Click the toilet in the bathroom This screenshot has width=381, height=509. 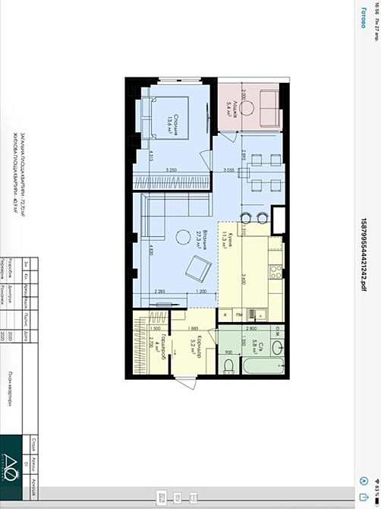[x=230, y=367]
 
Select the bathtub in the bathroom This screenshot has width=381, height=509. [x=258, y=367]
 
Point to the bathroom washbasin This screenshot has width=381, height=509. [x=278, y=347]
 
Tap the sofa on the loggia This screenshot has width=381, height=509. [x=269, y=106]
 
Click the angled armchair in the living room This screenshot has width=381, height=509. [x=200, y=267]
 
